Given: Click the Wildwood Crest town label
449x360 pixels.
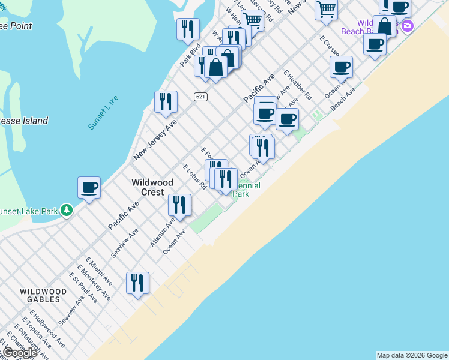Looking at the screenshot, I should pyautogui.click(x=152, y=187).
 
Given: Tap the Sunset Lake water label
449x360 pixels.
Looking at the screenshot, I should pyautogui.click(x=103, y=113).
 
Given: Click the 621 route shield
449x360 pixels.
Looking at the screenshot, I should pyautogui.click(x=200, y=97).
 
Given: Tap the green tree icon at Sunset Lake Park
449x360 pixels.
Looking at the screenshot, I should pyautogui.click(x=67, y=210).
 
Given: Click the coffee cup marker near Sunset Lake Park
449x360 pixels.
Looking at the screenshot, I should pyautogui.click(x=89, y=188).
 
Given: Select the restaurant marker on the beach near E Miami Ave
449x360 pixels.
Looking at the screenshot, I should pyautogui.click(x=137, y=283).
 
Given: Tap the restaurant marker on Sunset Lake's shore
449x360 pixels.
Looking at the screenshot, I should pyautogui.click(x=166, y=101).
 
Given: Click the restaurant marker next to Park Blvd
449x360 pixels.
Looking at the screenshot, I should pyautogui.click(x=188, y=29).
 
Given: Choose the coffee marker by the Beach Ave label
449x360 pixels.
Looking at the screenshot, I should pyautogui.click(x=341, y=67).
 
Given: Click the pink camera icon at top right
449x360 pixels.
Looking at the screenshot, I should pyautogui.click(x=408, y=26).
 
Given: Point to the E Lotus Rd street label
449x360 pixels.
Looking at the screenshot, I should pyautogui.click(x=194, y=177).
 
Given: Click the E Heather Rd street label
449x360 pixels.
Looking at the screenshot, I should pyautogui.click(x=298, y=85).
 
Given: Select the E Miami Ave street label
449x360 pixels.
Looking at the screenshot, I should pyautogui.click(x=98, y=271).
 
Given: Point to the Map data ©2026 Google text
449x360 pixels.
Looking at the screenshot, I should pyautogui.click(x=412, y=355).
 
